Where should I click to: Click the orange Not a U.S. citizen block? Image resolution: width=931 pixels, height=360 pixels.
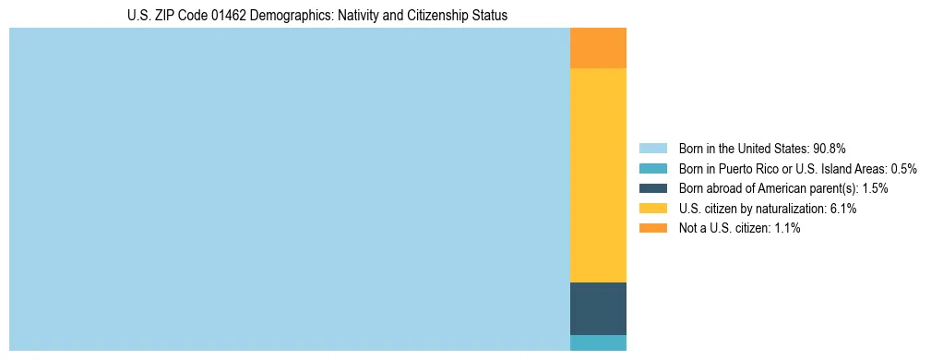(598, 48)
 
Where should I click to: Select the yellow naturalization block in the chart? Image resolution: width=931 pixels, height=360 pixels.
(598, 175)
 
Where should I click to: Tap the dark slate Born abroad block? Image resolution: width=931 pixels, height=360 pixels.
(598, 308)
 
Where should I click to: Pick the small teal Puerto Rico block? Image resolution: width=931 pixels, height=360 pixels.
(598, 342)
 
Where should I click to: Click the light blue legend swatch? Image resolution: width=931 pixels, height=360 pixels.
(652, 149)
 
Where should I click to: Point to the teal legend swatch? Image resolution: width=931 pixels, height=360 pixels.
(652, 169)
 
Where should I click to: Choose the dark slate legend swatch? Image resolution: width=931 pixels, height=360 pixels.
(652, 188)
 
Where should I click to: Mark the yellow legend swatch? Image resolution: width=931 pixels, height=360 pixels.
(652, 209)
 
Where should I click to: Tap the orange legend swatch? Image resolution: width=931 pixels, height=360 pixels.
(652, 228)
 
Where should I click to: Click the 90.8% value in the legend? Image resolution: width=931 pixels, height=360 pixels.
(830, 149)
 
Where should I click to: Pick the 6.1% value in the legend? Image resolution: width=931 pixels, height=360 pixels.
(844, 209)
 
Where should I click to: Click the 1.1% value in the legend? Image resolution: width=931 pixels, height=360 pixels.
(787, 228)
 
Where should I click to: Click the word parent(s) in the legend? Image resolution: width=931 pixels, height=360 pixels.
(833, 188)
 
